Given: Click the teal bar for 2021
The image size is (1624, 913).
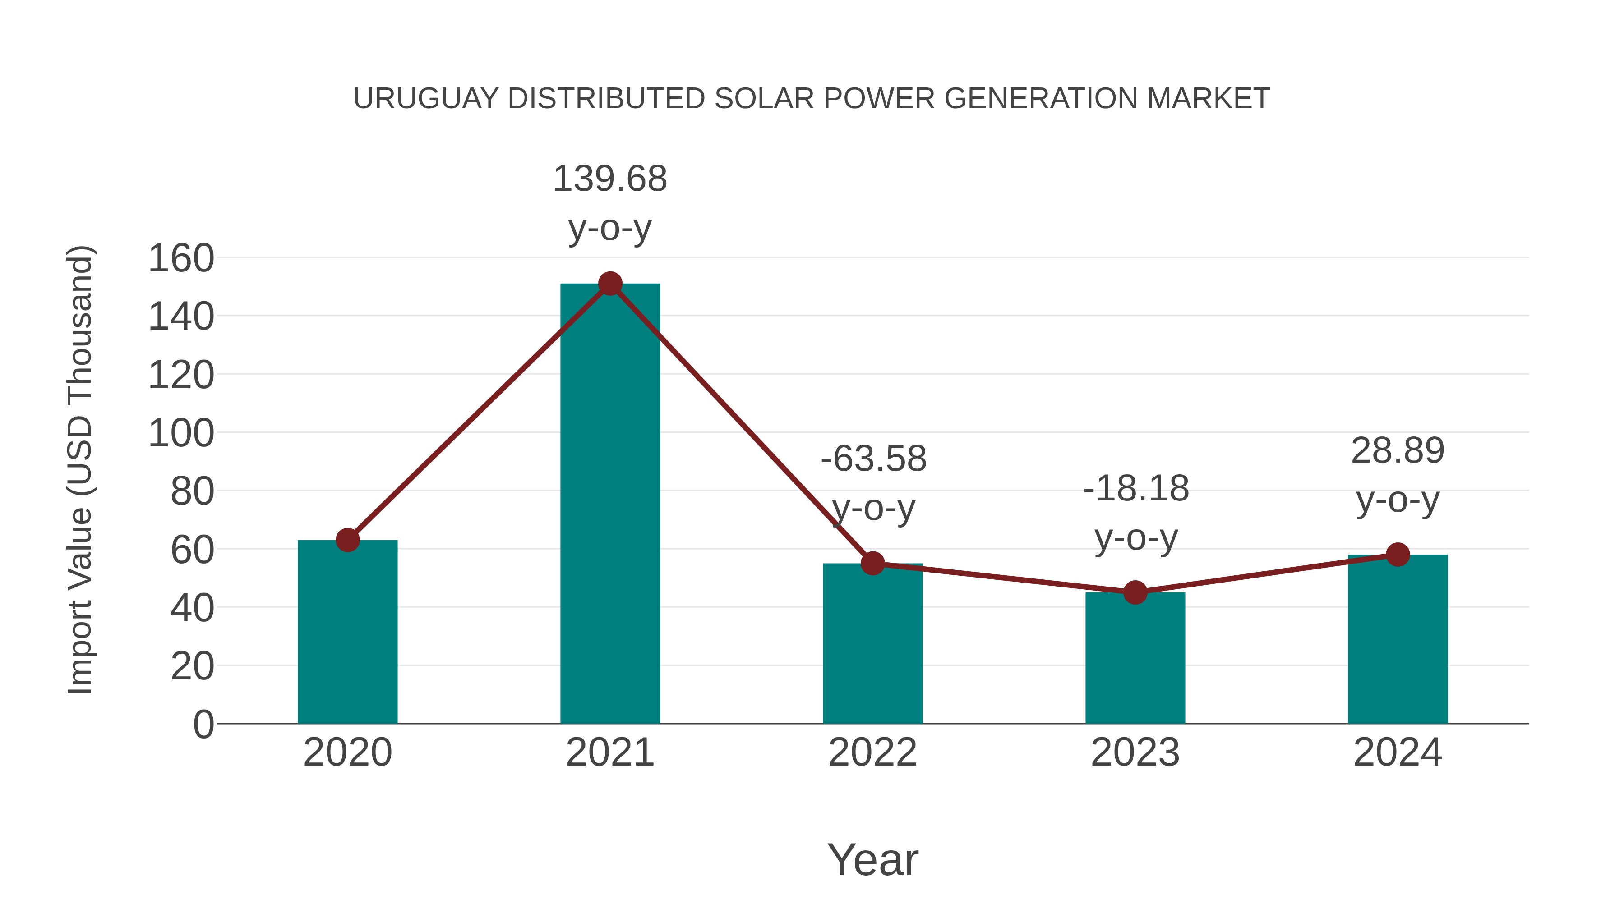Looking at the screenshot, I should [x=609, y=504].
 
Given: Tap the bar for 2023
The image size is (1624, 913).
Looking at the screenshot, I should [x=1135, y=658].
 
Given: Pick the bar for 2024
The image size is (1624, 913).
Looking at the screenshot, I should [x=1397, y=639].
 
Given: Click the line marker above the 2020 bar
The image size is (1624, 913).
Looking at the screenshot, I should [x=347, y=540].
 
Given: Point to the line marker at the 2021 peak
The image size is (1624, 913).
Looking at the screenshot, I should [x=609, y=284].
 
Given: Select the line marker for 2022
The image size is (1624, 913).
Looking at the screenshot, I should [x=872, y=563].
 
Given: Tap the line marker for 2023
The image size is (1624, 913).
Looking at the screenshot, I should [x=1135, y=593].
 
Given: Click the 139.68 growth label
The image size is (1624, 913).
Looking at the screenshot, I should [x=609, y=179].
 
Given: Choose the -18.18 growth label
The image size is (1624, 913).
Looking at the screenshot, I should [x=1136, y=489].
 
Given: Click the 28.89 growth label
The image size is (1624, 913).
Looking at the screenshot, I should [x=1398, y=451].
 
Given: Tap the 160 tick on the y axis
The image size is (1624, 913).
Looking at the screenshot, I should [x=181, y=258].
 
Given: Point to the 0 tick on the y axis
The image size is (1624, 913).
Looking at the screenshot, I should [x=203, y=725].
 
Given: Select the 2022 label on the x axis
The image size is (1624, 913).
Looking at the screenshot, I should [x=872, y=752].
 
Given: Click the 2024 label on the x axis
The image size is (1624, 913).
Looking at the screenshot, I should [x=1397, y=752].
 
